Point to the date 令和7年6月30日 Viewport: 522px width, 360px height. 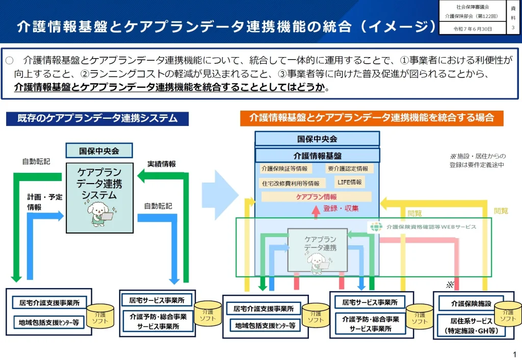(473, 29)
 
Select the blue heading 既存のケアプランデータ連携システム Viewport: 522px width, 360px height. (97, 118)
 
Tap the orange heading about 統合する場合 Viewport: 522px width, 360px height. (372, 118)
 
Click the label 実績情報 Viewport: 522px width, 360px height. (162, 164)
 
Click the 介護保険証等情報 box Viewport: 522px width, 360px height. (284, 169)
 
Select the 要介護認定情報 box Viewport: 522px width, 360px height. (349, 169)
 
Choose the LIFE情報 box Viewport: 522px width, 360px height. (350, 182)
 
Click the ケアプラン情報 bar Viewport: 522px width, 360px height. (316, 196)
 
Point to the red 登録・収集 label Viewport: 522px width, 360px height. (341, 208)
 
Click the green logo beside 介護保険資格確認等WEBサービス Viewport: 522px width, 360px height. (376, 227)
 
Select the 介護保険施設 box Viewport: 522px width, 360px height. (471, 303)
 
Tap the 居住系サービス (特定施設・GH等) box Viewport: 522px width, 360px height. (471, 326)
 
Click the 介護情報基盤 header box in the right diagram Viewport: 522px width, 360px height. (317, 156)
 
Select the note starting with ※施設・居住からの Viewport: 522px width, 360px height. (477, 160)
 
